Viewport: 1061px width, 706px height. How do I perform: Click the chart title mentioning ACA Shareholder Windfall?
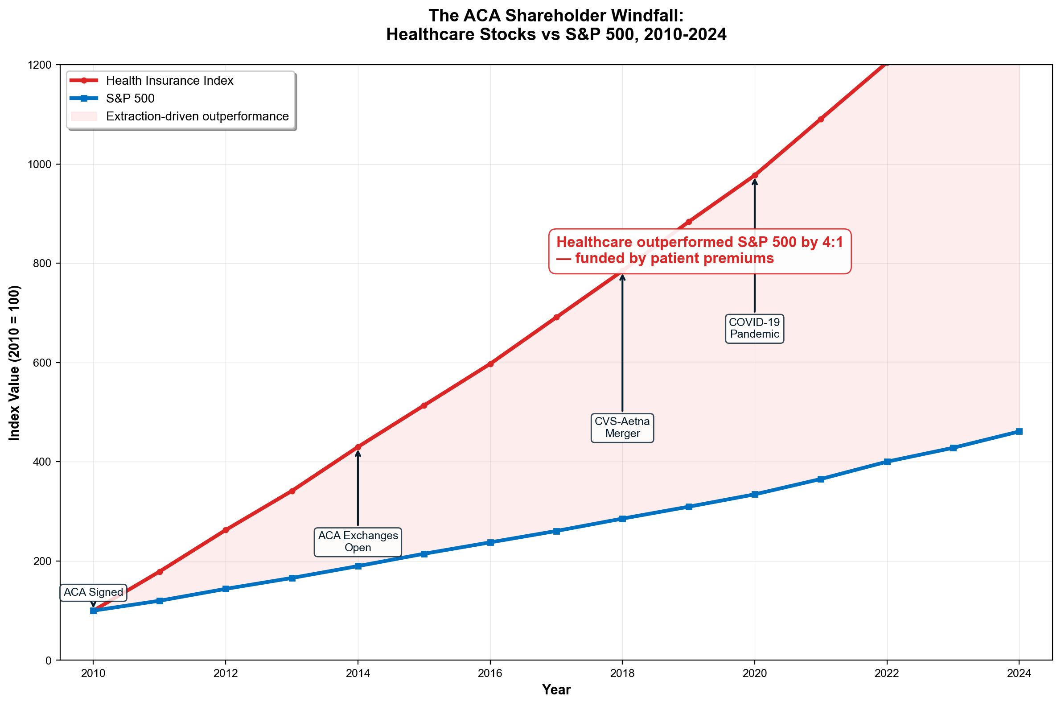pyautogui.click(x=556, y=25)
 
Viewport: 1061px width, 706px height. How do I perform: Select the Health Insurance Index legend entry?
pyautogui.click(x=169, y=81)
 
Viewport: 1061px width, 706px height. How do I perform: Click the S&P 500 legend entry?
pyautogui.click(x=130, y=99)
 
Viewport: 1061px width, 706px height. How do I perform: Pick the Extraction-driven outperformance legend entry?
pyautogui.click(x=197, y=116)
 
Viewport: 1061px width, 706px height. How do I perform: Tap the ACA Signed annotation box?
pyautogui.click(x=93, y=593)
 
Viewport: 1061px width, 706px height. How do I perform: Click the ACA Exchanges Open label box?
pyautogui.click(x=358, y=542)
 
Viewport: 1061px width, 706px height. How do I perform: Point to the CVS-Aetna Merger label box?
pyautogui.click(x=622, y=428)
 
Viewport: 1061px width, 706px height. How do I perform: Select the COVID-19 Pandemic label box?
pyautogui.click(x=754, y=328)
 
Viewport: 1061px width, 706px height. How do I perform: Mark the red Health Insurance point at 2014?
pyautogui.click(x=358, y=447)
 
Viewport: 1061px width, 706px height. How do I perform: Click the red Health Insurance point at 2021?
pyautogui.click(x=820, y=120)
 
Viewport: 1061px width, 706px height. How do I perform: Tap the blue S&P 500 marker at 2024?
pyautogui.click(x=1019, y=431)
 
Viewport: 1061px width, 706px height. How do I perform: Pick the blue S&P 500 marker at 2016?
pyautogui.click(x=490, y=542)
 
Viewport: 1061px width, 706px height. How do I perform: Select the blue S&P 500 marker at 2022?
pyautogui.click(x=886, y=462)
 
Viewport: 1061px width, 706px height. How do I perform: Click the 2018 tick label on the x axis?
pyautogui.click(x=622, y=673)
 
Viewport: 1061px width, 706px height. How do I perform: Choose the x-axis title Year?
pyautogui.click(x=556, y=690)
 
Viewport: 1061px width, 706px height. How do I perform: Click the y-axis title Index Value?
pyautogui.click(x=14, y=363)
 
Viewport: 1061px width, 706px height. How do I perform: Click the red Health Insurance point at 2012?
pyautogui.click(x=226, y=530)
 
